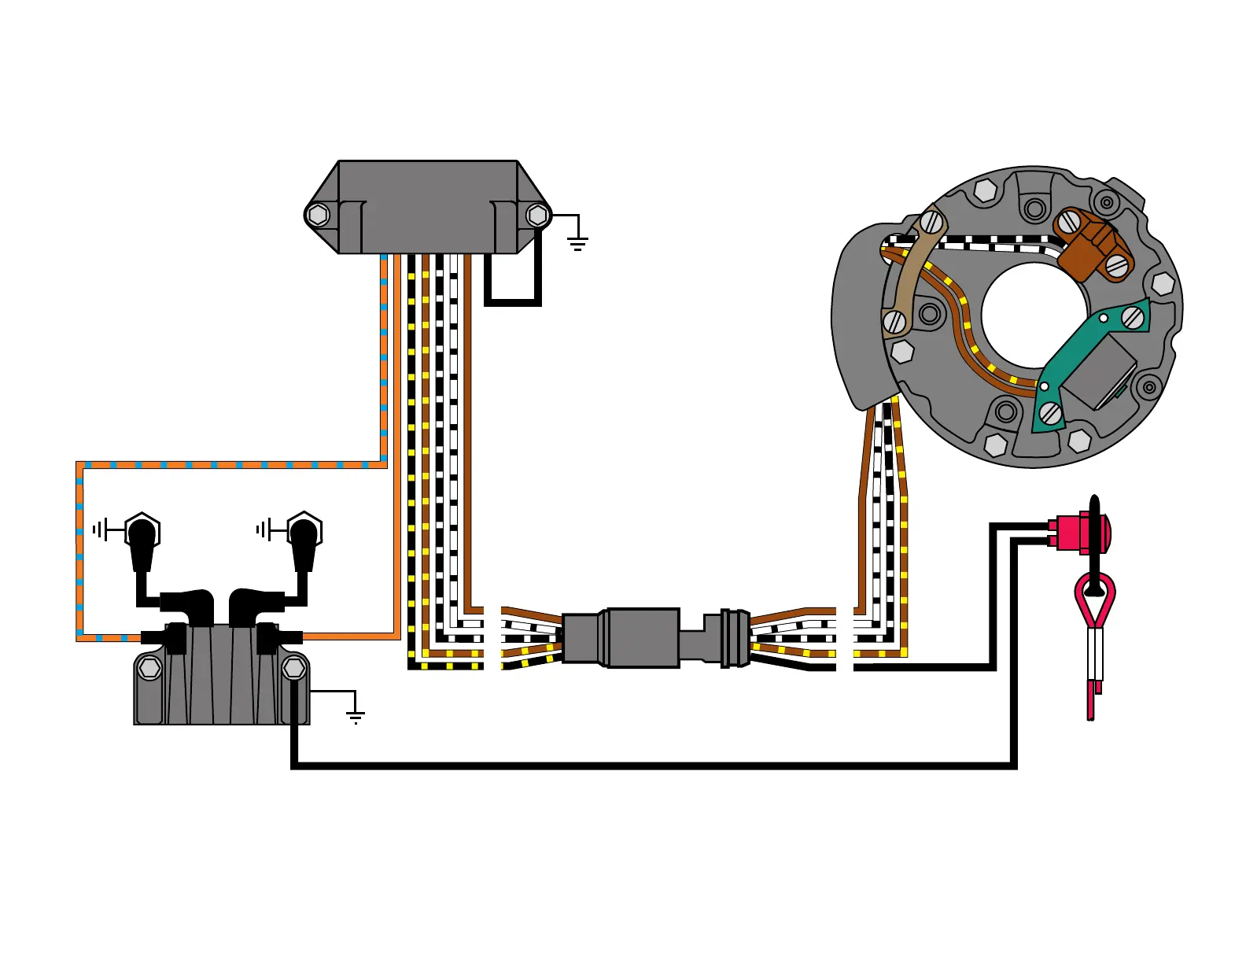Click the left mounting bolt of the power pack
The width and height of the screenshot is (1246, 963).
click(318, 214)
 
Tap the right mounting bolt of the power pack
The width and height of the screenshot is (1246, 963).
click(537, 214)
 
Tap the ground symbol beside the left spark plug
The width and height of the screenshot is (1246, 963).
click(99, 529)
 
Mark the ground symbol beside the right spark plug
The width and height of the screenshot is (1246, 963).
click(263, 529)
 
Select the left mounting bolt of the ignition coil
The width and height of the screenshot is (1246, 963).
click(149, 669)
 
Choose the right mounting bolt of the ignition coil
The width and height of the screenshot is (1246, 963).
click(293, 669)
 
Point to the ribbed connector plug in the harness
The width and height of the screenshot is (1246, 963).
click(735, 637)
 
